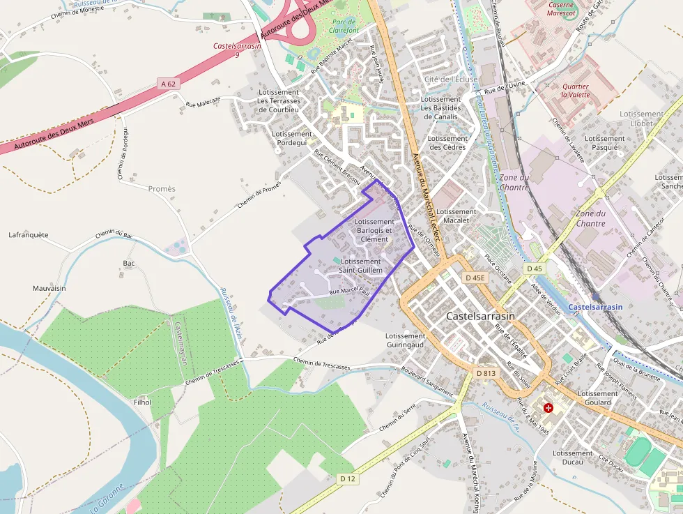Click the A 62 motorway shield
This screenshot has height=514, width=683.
[169, 84]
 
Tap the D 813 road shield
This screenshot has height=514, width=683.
[486, 374]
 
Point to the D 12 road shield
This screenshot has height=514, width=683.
[347, 479]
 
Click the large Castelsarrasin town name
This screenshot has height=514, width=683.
[480, 316]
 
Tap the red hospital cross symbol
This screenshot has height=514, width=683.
[548, 407]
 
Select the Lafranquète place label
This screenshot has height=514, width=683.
[29, 235]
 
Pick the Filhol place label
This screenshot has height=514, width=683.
[141, 402]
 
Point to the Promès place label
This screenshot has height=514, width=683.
[162, 189]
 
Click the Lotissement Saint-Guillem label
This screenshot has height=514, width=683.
[360, 266]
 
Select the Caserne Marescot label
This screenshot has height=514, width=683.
[562, 8]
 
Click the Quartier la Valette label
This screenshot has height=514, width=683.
[575, 91]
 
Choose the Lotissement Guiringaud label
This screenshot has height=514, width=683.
[405, 340]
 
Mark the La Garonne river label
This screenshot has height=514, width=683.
[107, 498]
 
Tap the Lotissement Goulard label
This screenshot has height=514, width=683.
[597, 398]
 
